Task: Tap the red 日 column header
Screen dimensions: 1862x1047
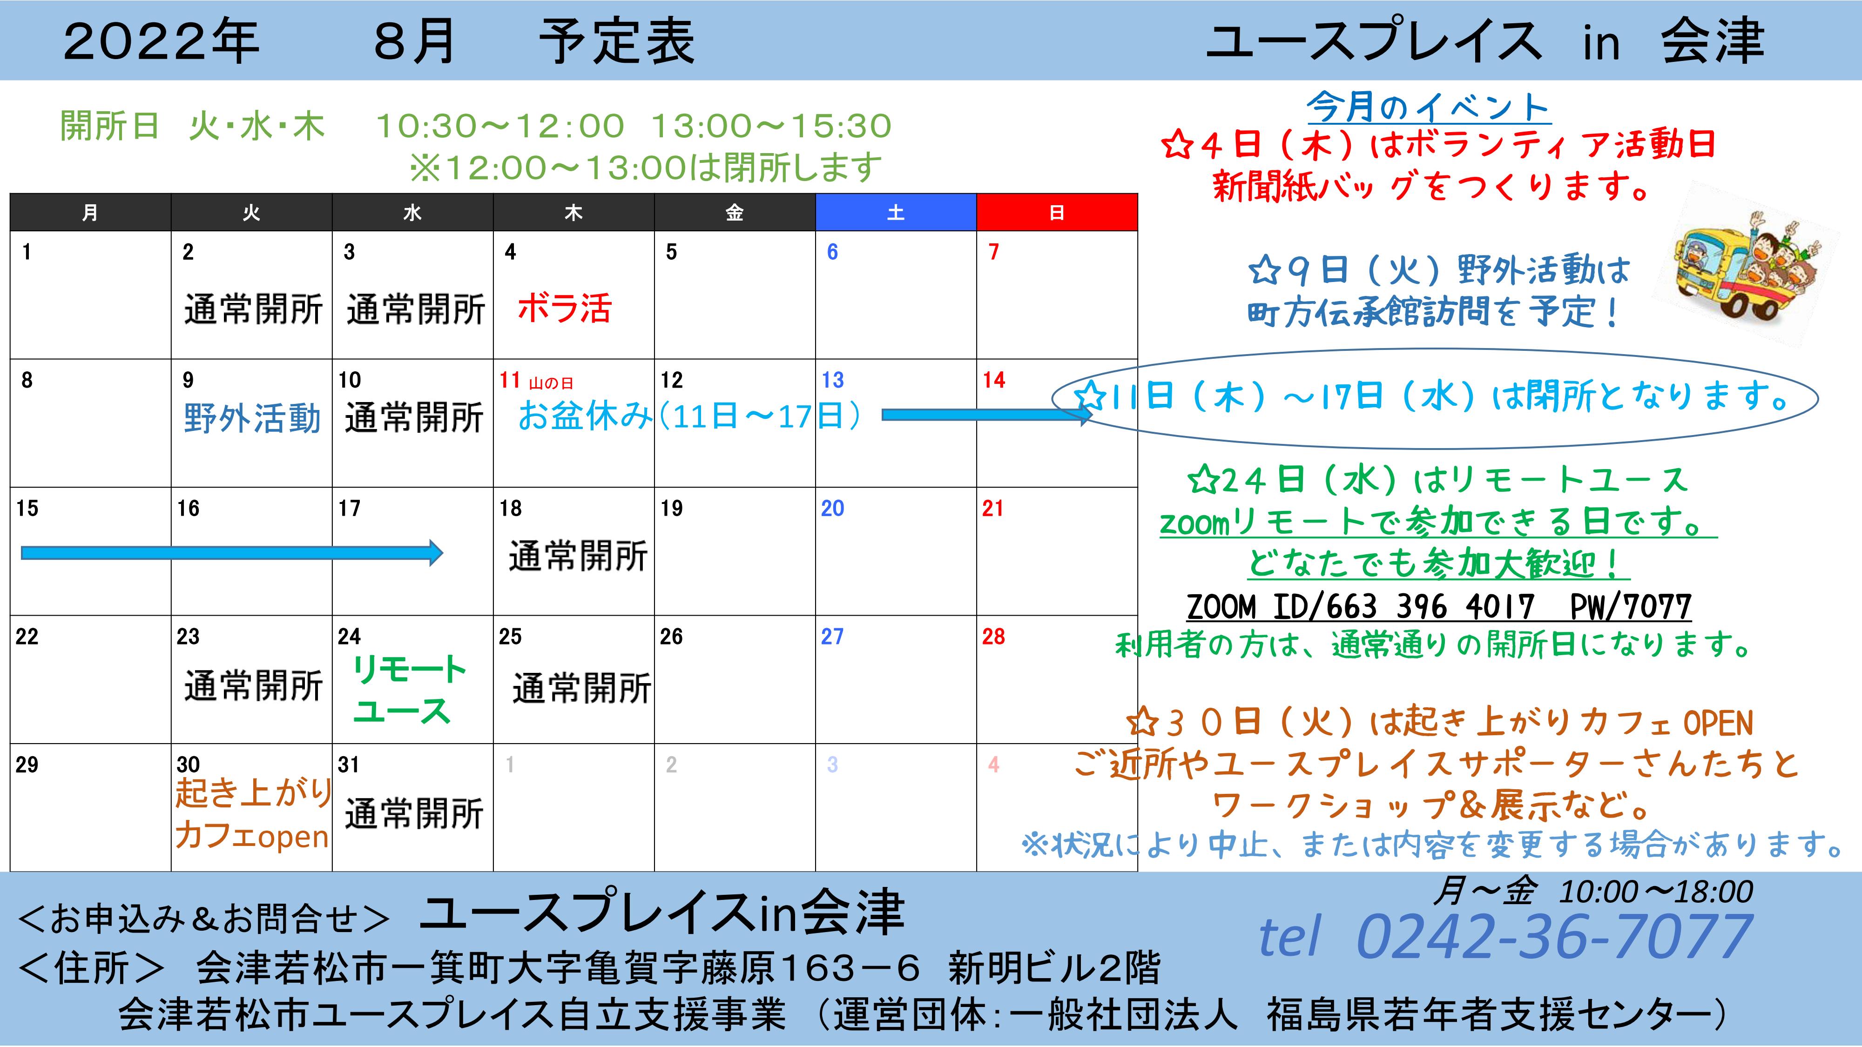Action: (1057, 213)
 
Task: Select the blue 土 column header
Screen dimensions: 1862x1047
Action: (896, 213)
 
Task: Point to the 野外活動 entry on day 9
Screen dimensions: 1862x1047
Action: (251, 418)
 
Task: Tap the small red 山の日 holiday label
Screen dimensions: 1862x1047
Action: (551, 383)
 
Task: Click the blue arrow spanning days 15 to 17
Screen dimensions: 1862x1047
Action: (232, 553)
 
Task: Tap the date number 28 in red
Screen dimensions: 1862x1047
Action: (993, 637)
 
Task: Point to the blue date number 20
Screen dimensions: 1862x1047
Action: (832, 509)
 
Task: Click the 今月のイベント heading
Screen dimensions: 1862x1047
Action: (1428, 108)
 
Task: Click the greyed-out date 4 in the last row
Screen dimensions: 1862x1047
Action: (993, 765)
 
